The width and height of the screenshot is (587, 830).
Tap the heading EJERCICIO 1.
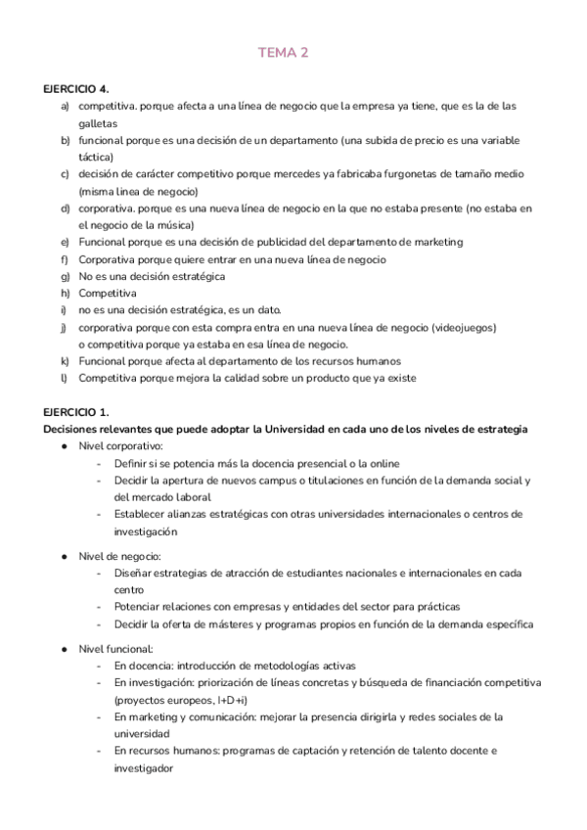click(76, 412)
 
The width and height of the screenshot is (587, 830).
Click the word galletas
click(97, 123)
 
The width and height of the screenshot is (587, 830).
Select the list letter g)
click(65, 276)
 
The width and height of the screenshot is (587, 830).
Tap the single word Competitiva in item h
click(108, 293)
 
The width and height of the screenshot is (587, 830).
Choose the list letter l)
click(64, 378)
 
